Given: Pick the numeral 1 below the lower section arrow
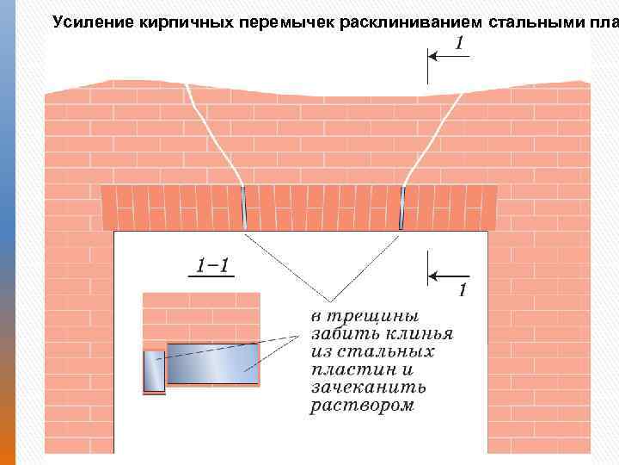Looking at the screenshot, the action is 462,292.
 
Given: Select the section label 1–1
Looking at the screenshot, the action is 212,266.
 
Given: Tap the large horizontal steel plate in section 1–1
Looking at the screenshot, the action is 212,363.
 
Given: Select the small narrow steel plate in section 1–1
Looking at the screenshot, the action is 153,371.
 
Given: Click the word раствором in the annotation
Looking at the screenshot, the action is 362,405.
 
